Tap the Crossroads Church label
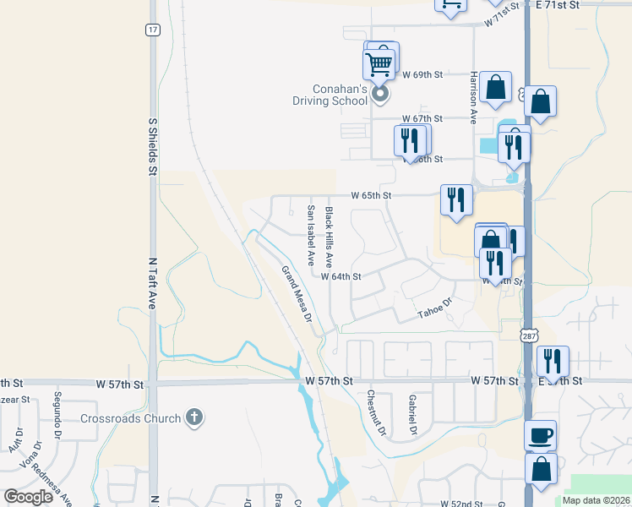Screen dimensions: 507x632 click(x=131, y=418)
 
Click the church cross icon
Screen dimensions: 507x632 click(x=194, y=417)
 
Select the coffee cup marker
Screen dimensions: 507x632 click(x=541, y=436)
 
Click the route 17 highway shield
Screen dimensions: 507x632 click(x=151, y=30)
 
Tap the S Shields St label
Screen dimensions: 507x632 click(x=153, y=147)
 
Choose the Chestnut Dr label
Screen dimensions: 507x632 click(x=376, y=413)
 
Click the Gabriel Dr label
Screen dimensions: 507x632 click(x=411, y=414)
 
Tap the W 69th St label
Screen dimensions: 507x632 click(x=422, y=75)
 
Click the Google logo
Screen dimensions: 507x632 click(x=28, y=496)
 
